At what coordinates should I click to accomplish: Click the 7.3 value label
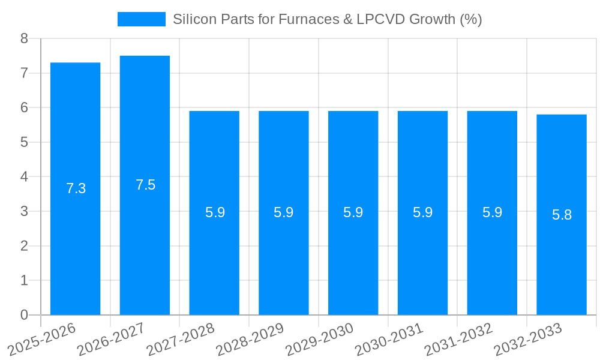tap(76, 188)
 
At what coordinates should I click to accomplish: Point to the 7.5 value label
tap(145, 185)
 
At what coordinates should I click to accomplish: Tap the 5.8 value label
tap(562, 215)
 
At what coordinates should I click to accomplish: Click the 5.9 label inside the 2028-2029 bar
tap(284, 212)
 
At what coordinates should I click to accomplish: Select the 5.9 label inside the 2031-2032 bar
tap(492, 212)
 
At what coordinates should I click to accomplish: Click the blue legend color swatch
tap(141, 19)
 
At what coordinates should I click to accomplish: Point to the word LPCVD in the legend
tap(376, 19)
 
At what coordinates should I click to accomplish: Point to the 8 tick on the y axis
tap(24, 39)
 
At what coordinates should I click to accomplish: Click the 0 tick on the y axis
tap(24, 315)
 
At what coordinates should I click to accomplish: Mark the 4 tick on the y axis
tap(24, 177)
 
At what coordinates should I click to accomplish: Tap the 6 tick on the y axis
tap(24, 108)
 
